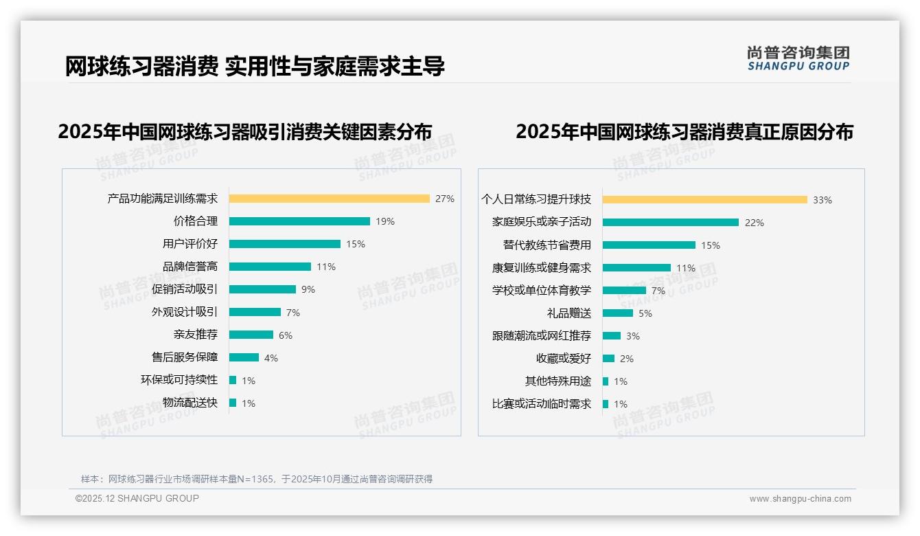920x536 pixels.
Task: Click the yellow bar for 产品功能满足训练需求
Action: (329, 199)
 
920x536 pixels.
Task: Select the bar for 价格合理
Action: (299, 221)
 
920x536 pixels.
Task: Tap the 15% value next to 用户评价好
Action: (356, 244)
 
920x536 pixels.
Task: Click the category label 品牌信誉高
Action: (190, 267)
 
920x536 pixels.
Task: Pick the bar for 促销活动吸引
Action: (262, 289)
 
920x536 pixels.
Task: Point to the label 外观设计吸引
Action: (185, 312)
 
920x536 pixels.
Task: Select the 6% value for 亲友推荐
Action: (286, 335)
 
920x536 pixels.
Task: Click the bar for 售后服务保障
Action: (244, 357)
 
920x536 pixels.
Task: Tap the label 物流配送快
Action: (190, 403)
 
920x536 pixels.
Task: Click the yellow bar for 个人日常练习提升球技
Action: (704, 200)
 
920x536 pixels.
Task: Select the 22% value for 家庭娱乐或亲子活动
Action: (755, 223)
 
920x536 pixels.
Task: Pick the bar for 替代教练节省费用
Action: (649, 245)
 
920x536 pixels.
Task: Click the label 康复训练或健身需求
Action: (542, 268)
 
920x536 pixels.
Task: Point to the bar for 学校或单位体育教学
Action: (624, 290)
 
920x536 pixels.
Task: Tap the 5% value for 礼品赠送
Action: (645, 313)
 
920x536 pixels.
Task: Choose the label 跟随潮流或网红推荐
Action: (542, 336)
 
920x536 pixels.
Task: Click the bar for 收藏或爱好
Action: (608, 358)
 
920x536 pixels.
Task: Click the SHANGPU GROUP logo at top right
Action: (798, 58)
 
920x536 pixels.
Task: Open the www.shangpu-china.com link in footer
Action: (800, 499)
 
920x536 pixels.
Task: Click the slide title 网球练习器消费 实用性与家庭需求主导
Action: (255, 67)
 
